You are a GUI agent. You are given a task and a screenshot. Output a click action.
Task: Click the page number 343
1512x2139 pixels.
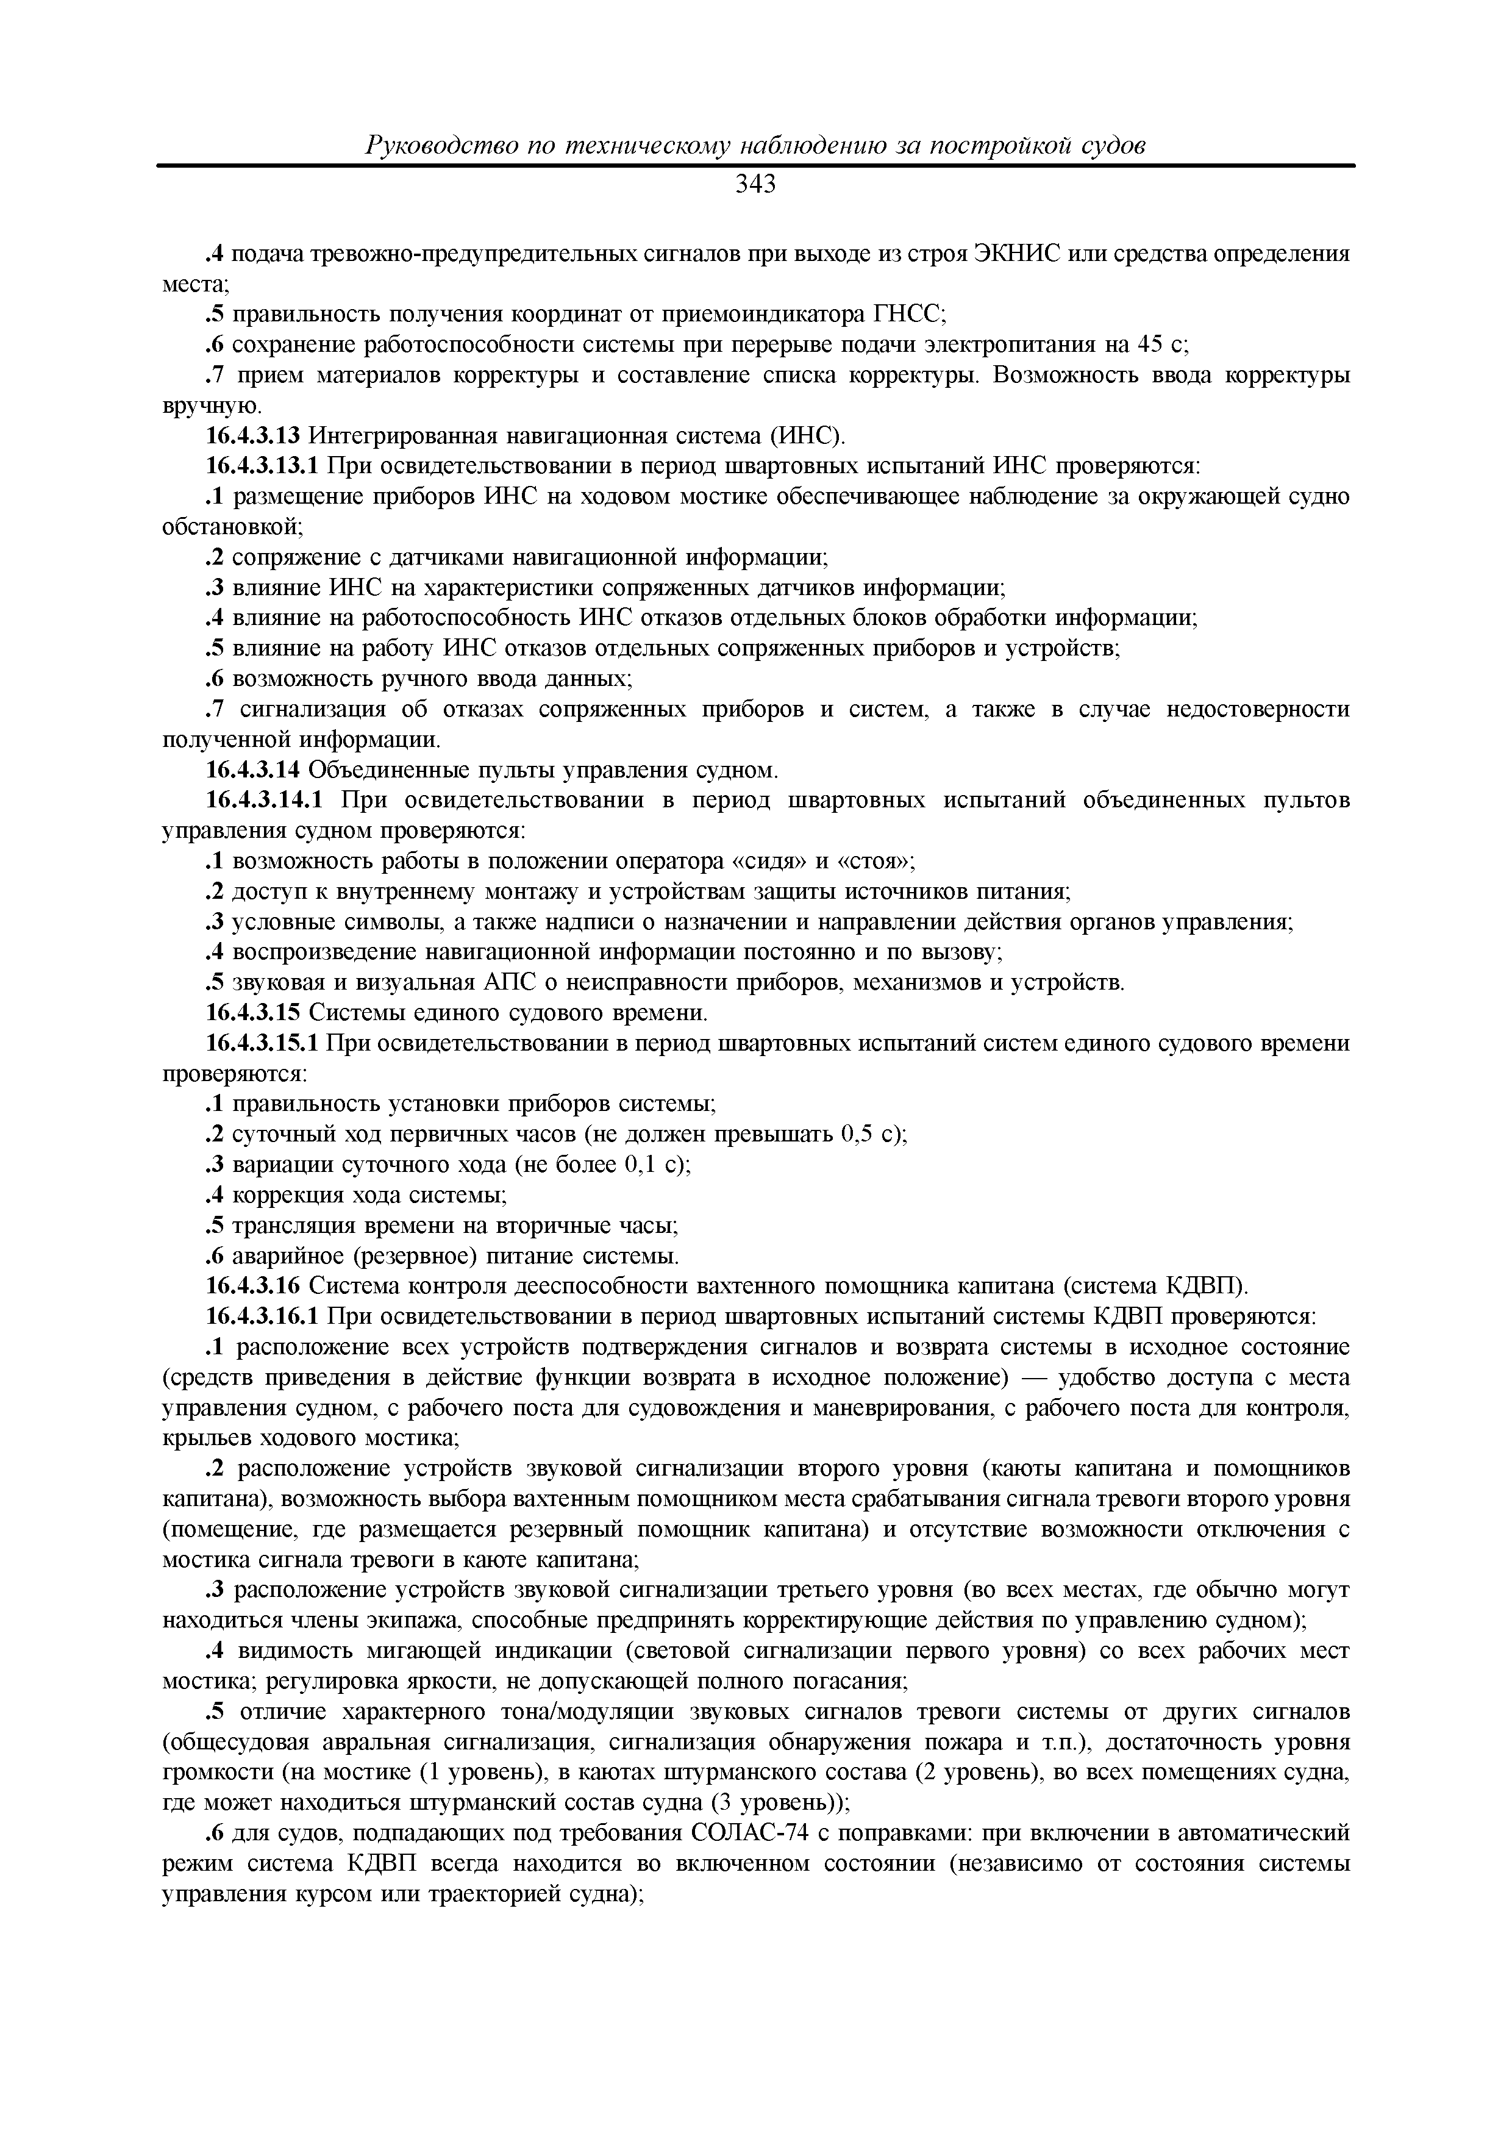pos(755,185)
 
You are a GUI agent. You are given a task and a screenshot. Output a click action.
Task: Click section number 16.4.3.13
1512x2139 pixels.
pos(254,436)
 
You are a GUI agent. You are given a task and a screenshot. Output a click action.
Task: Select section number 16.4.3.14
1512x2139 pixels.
pos(254,771)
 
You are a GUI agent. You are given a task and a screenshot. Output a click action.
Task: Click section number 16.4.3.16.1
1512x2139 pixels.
pos(263,1316)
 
